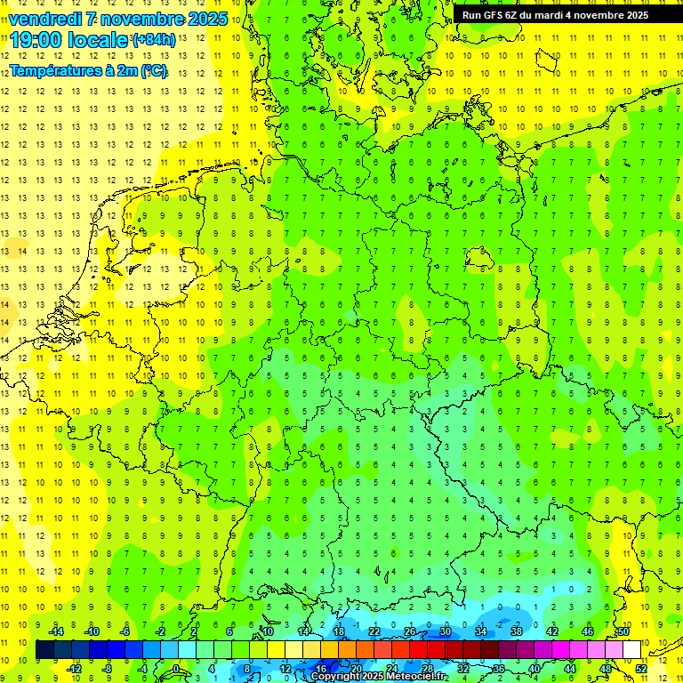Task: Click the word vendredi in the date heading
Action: (x=45, y=19)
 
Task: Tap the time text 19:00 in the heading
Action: (x=38, y=40)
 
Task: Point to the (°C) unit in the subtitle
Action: (x=152, y=71)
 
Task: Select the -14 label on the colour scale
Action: (x=56, y=631)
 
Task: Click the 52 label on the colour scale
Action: (x=641, y=668)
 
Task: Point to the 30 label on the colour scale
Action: (x=445, y=631)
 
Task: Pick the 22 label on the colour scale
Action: (x=374, y=631)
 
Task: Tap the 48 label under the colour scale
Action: (x=606, y=668)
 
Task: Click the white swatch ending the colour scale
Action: (x=631, y=650)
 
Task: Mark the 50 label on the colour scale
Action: (x=623, y=631)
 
